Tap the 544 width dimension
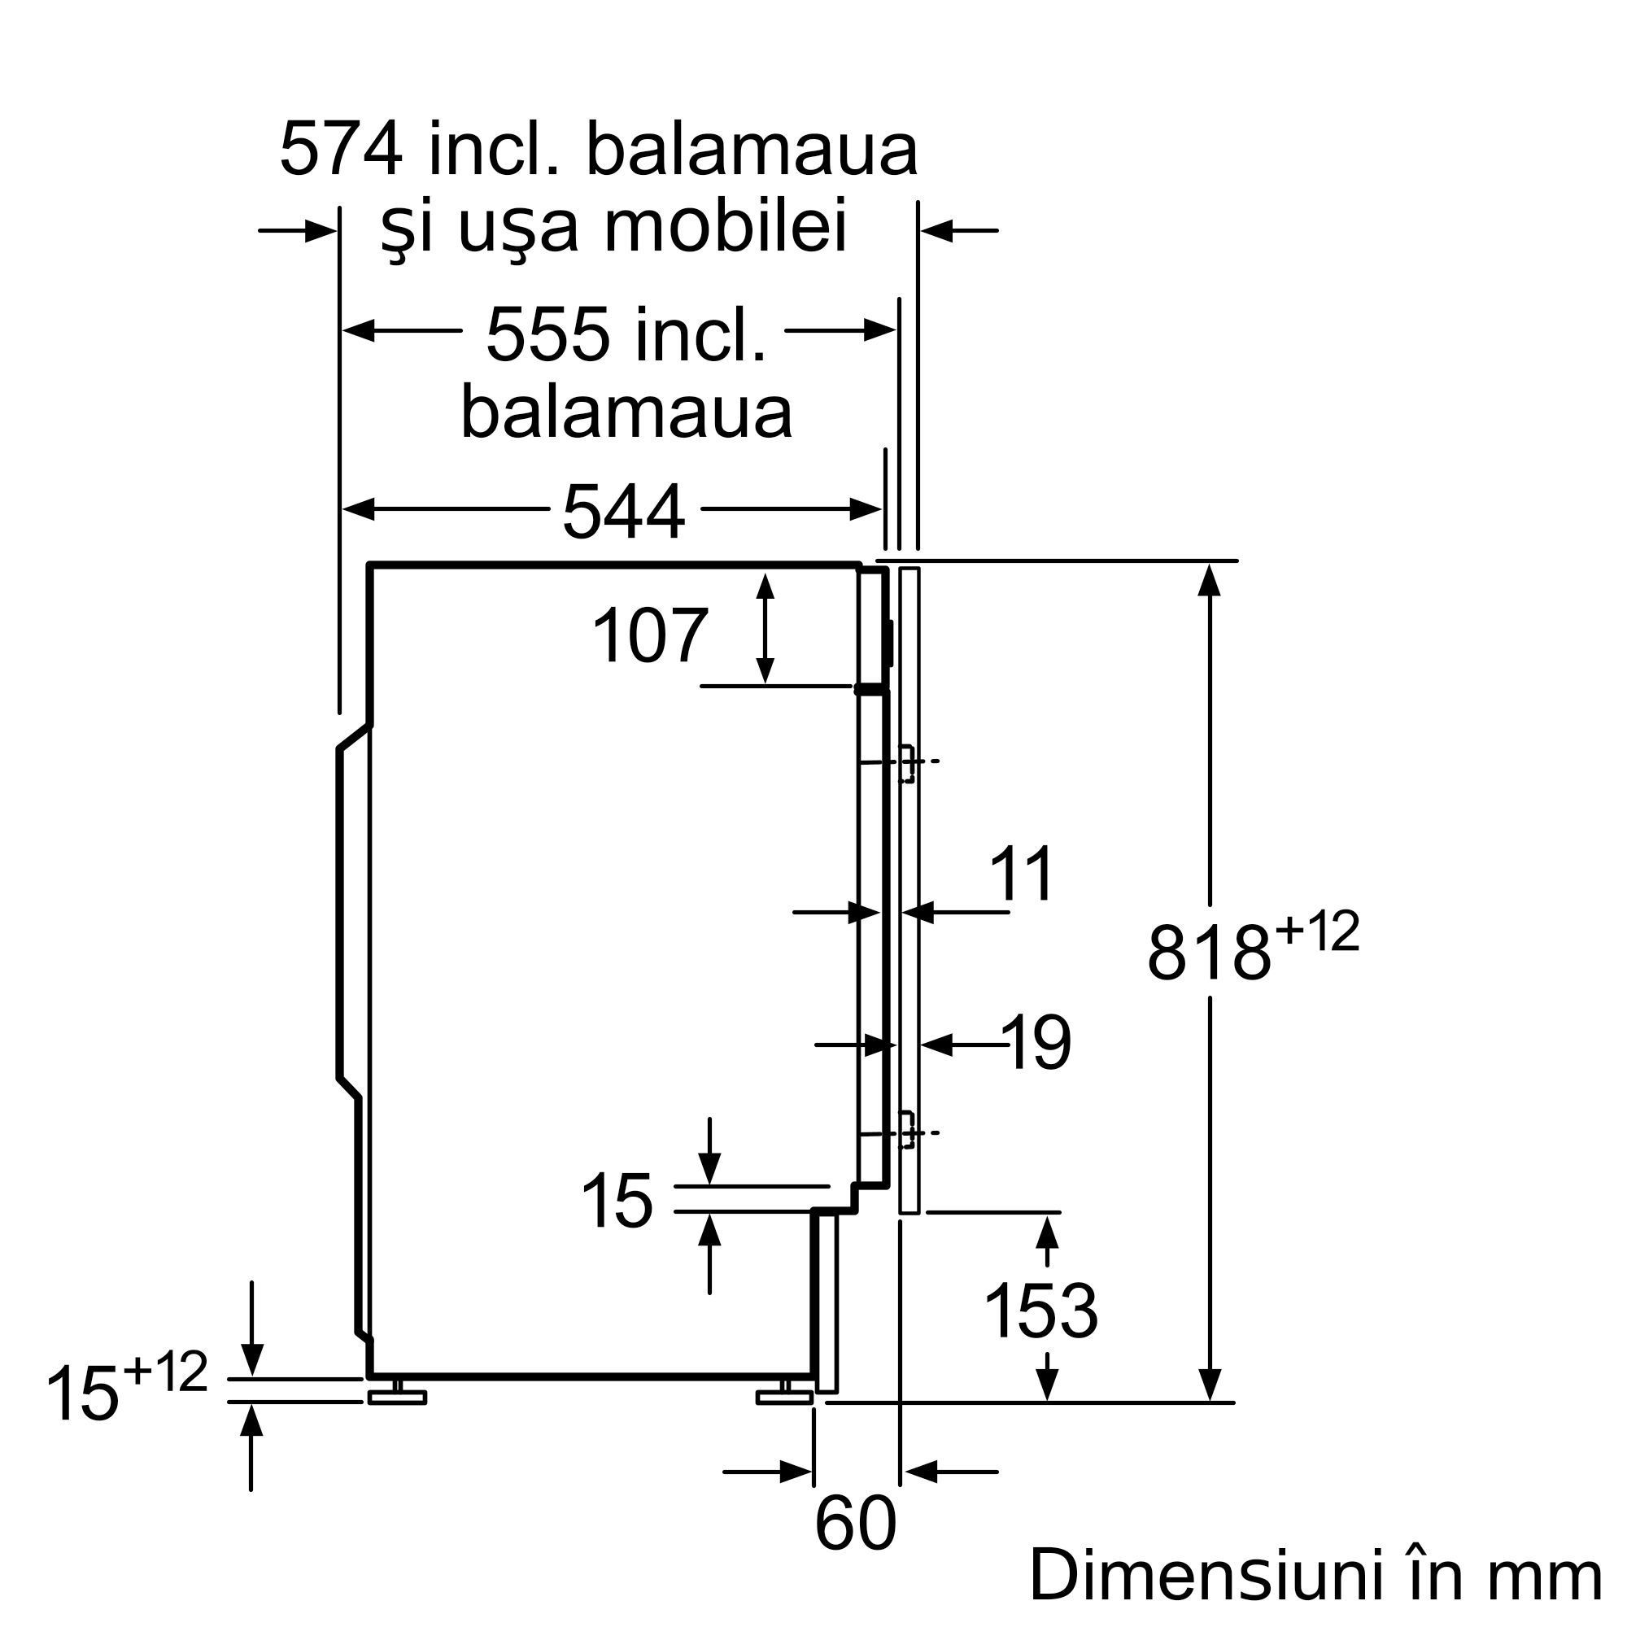pyautogui.click(x=623, y=512)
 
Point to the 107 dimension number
pyautogui.click(x=649, y=637)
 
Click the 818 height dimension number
pyautogui.click(x=1209, y=953)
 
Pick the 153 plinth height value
pyautogui.click(x=1041, y=1311)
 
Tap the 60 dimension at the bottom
pyautogui.click(x=855, y=1524)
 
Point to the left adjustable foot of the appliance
pyautogui.click(x=397, y=1397)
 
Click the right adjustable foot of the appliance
pyautogui.click(x=784, y=1397)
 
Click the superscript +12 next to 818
pyautogui.click(x=1318, y=933)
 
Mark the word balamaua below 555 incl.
pyautogui.click(x=626, y=412)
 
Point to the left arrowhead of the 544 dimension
pyautogui.click(x=358, y=509)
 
